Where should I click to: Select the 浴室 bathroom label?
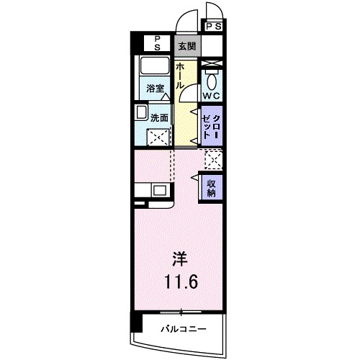(156, 89)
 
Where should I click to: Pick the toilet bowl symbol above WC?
(212, 79)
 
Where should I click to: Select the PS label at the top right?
(213, 26)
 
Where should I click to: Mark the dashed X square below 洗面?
(158, 136)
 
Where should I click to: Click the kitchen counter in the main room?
(151, 191)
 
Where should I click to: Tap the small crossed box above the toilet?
(212, 65)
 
